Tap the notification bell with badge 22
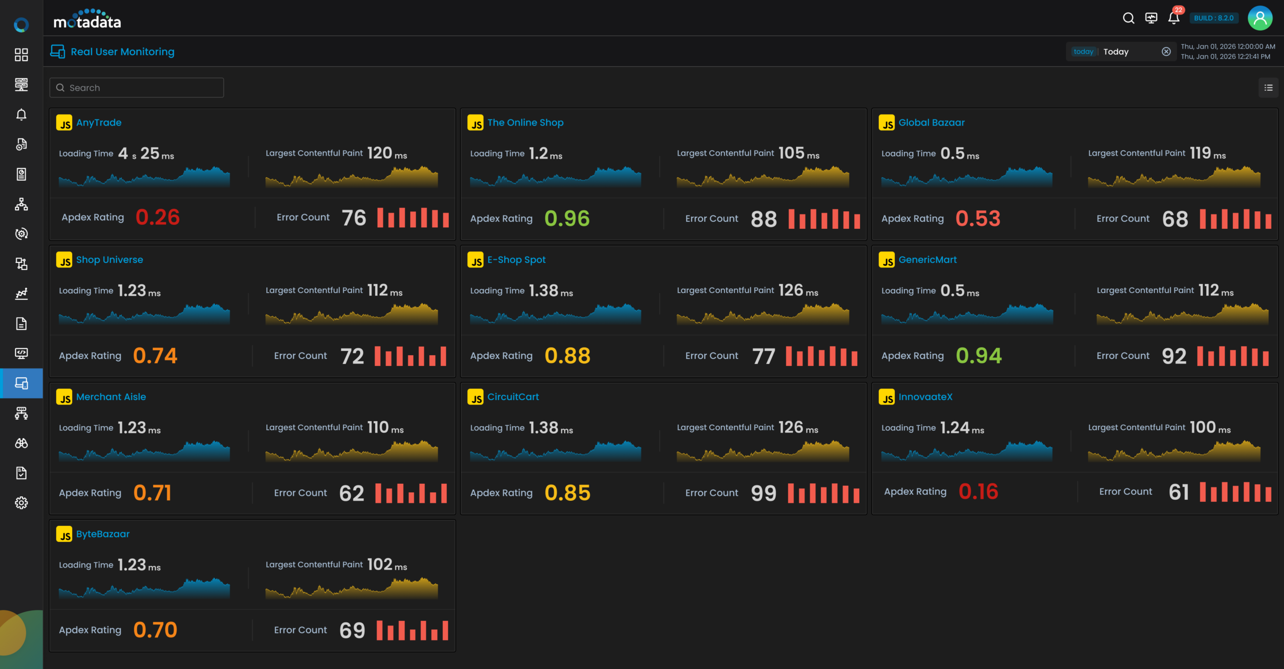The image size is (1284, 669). (1174, 19)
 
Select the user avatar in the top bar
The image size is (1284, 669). (1259, 19)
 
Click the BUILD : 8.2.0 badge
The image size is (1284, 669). (1213, 19)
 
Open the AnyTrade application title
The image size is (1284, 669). (99, 122)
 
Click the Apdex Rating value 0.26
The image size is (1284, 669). (157, 217)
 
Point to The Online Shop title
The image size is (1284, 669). (525, 122)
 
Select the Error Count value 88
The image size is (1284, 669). (763, 219)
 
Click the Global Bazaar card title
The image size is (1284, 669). (931, 122)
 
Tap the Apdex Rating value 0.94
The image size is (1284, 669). (979, 356)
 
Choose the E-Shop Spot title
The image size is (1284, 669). (516, 259)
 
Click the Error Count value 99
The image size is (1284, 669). (763, 493)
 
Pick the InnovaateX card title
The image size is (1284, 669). (925, 396)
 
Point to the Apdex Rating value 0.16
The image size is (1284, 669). (978, 492)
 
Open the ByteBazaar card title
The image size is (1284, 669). (103, 534)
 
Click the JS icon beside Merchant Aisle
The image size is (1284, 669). (64, 397)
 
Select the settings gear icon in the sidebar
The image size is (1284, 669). (21, 503)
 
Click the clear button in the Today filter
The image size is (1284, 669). (1166, 52)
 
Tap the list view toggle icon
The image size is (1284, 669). (1268, 88)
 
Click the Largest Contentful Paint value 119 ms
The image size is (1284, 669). (1207, 153)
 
